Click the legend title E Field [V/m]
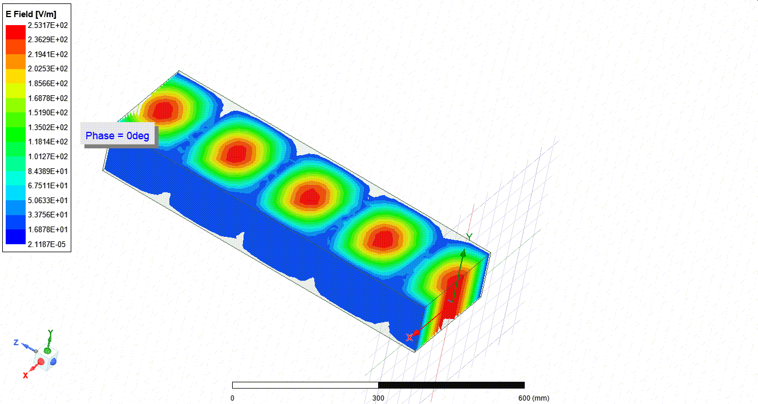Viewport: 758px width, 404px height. pyautogui.click(x=31, y=14)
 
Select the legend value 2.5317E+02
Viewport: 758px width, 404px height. pyautogui.click(x=48, y=26)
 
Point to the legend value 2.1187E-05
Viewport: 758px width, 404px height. pyautogui.click(x=47, y=244)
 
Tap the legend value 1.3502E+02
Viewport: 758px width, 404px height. pyautogui.click(x=48, y=127)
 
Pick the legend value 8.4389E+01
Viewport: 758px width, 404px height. pyautogui.click(x=48, y=171)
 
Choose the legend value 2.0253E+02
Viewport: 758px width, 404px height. pyautogui.click(x=48, y=68)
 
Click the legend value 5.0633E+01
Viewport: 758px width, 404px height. pyautogui.click(x=48, y=200)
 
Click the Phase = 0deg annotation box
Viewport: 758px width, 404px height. pyautogui.click(x=117, y=135)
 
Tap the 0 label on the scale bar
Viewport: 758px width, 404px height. pyautogui.click(x=233, y=398)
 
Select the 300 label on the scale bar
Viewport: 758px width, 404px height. pyautogui.click(x=378, y=398)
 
